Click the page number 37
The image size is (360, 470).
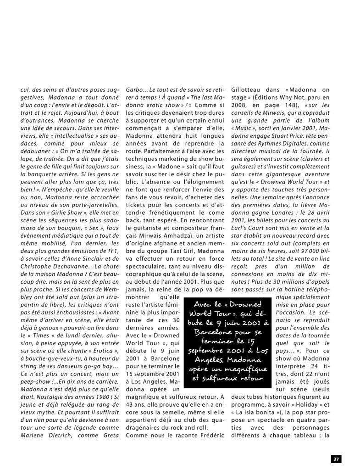[x=336, y=459]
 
